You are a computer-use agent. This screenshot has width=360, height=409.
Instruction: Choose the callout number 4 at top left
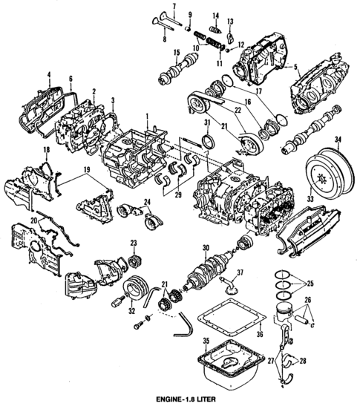48,74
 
